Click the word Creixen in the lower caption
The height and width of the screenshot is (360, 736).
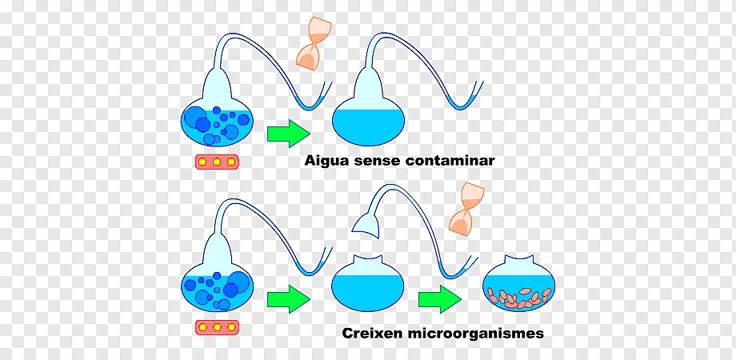(x=370, y=333)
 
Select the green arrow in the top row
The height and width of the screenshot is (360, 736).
(x=287, y=131)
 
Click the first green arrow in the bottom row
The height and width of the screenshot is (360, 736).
(x=287, y=299)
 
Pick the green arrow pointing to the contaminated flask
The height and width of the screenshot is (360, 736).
(x=439, y=299)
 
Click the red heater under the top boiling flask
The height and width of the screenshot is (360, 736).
(x=217, y=162)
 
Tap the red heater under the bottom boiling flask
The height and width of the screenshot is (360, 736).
(x=217, y=327)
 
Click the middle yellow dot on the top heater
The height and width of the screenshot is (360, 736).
(x=217, y=162)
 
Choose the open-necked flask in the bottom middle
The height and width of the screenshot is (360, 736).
(x=367, y=284)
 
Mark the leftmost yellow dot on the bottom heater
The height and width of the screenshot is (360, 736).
(x=203, y=327)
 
